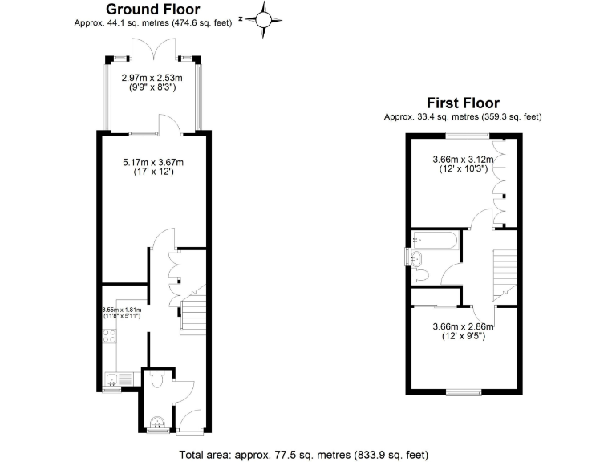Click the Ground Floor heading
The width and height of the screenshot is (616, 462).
pyautogui.click(x=153, y=10)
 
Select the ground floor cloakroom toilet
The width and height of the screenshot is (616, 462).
pyautogui.click(x=158, y=379)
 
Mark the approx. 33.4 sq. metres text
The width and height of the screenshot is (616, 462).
pyautogui.click(x=463, y=117)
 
